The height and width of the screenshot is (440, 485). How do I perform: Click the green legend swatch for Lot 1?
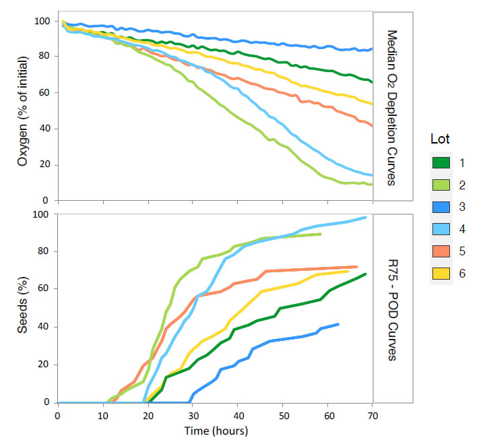[x=441, y=163]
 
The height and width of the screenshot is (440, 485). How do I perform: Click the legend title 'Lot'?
[x=439, y=139]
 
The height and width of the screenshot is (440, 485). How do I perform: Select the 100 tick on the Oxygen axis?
[x=42, y=21]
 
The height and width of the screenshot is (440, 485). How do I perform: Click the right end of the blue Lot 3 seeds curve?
[x=338, y=324]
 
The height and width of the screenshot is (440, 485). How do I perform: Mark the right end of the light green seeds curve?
[x=321, y=234]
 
